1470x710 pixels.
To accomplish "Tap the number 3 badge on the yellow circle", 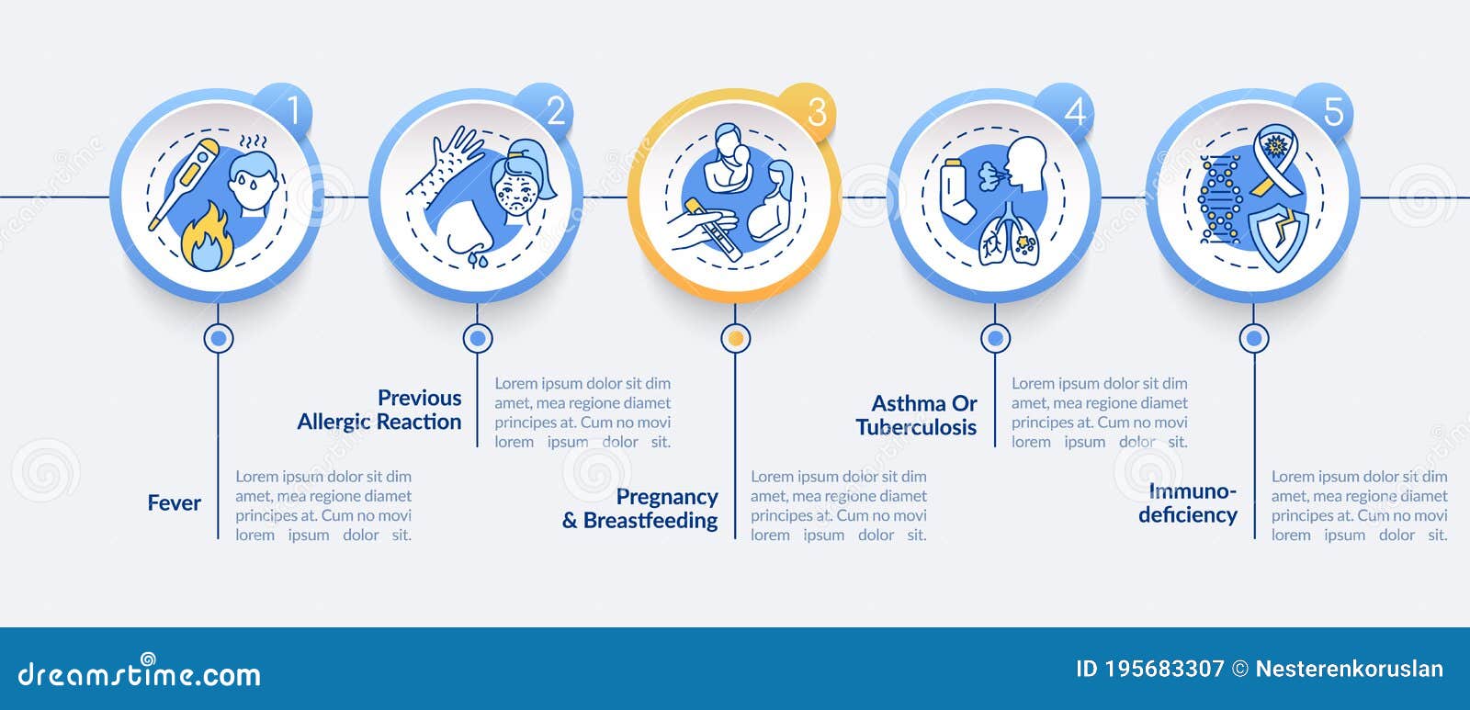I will (x=816, y=113).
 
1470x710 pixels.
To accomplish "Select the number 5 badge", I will (x=1332, y=113).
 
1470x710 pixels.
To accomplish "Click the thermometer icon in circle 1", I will (x=185, y=184).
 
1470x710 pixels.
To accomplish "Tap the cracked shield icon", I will (x=1279, y=237).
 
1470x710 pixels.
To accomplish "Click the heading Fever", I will (x=174, y=503).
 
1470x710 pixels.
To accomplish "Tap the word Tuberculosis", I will (x=916, y=428).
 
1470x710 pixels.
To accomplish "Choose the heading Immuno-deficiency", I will (x=1188, y=503).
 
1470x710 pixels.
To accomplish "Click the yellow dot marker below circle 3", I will (x=735, y=339).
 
